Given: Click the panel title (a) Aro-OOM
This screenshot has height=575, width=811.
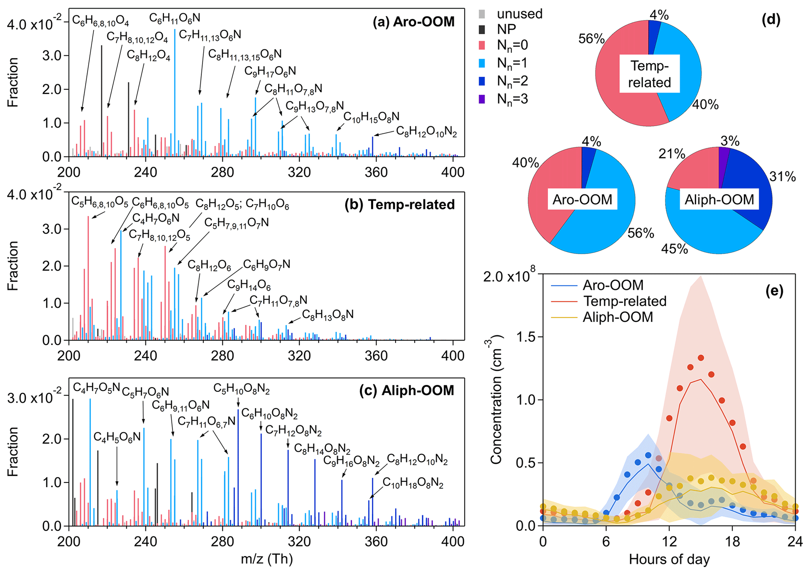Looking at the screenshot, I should point(414,22).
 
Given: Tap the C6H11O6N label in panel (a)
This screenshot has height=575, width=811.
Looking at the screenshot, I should point(175,18).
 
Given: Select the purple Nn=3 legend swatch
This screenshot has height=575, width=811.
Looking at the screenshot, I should point(482,99).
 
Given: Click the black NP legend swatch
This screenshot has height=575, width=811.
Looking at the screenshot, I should point(482,29).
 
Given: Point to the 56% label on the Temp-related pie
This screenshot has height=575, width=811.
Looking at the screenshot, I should point(591,39).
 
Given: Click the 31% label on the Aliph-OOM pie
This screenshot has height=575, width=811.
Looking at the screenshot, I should point(782,177).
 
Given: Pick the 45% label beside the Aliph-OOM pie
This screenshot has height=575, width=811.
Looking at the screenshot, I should point(674,249).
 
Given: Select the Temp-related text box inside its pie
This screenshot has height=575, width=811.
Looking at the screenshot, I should point(649,74).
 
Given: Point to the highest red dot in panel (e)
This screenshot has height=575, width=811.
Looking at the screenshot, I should point(701,358).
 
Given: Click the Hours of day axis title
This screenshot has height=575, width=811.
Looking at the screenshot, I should point(669,559).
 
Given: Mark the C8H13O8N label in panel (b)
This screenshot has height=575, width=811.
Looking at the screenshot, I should point(328,314).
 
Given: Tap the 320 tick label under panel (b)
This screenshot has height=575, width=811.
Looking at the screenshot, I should point(299,356).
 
